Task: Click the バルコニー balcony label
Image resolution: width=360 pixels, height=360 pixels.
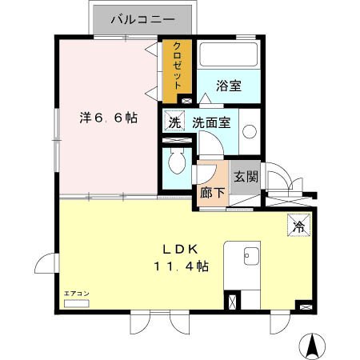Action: pyautogui.click(x=144, y=18)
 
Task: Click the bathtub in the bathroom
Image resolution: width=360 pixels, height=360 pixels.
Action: pyautogui.click(x=228, y=56)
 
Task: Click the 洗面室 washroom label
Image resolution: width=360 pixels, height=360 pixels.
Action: pyautogui.click(x=211, y=123)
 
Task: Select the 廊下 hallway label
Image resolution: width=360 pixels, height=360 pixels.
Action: pyautogui.click(x=211, y=193)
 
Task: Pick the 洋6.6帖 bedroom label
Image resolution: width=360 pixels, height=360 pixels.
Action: pyautogui.click(x=107, y=118)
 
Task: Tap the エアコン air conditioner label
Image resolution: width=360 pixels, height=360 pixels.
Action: pyautogui.click(x=77, y=294)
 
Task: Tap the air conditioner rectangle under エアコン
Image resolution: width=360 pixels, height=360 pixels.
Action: pyautogui.click(x=77, y=304)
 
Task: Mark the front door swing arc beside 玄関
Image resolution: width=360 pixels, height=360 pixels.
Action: pyautogui.click(x=280, y=178)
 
